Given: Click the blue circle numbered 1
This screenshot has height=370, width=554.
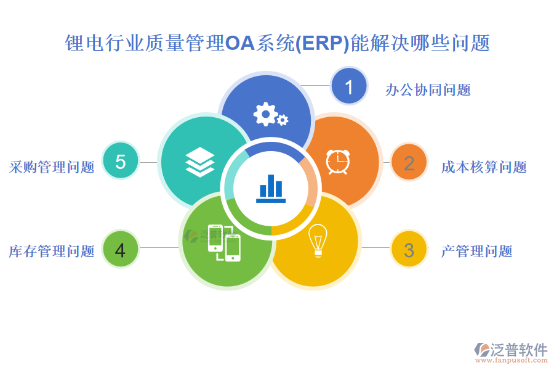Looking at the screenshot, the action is (x=349, y=86).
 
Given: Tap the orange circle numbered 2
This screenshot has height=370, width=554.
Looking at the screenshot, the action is (x=409, y=162).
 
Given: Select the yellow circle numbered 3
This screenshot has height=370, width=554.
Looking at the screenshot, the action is (x=409, y=249).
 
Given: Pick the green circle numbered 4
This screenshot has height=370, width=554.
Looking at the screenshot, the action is (x=121, y=249).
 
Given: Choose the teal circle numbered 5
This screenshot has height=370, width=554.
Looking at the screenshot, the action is (x=121, y=160).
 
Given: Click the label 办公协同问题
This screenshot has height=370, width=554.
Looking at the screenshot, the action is (x=428, y=90).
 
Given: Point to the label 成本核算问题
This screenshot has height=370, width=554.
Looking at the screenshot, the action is (x=484, y=167).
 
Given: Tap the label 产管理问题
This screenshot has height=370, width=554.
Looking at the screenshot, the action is (x=477, y=251).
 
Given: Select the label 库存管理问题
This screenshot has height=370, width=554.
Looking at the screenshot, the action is (x=52, y=251).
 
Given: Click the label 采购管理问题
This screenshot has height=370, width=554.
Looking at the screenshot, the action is (x=52, y=167).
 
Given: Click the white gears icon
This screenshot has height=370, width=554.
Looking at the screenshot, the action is (x=271, y=114).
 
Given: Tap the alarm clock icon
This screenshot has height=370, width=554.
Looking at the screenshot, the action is (x=338, y=162).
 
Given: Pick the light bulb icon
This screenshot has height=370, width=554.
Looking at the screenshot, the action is (x=318, y=240).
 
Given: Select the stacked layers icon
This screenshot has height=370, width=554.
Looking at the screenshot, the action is (x=200, y=162).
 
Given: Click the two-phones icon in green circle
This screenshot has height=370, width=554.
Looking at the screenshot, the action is (x=224, y=243).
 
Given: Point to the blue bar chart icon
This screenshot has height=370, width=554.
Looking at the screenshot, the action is (x=271, y=189).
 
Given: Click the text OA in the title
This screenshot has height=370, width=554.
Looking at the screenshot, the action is (x=240, y=43).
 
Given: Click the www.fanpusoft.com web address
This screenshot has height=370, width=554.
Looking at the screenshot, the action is (x=512, y=360).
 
